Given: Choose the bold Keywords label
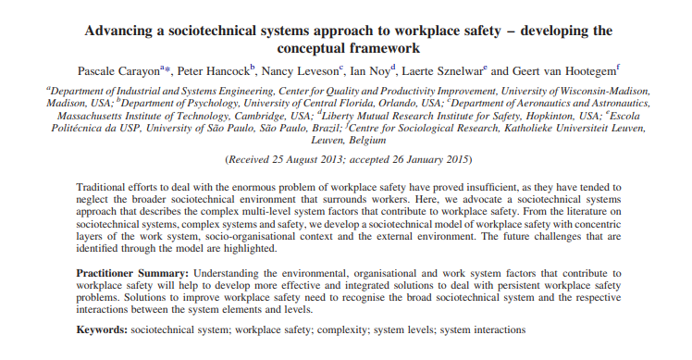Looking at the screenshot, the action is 101,329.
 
